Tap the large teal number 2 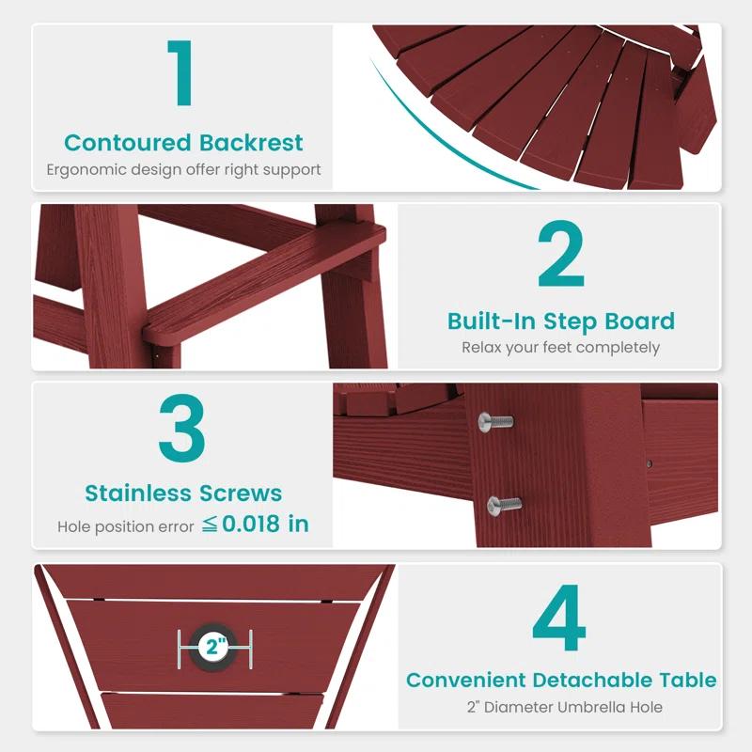[x=561, y=255]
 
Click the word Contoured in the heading [x=128, y=143]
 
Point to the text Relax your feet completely [x=560, y=347]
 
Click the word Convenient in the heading [x=466, y=680]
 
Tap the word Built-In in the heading [x=488, y=321]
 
